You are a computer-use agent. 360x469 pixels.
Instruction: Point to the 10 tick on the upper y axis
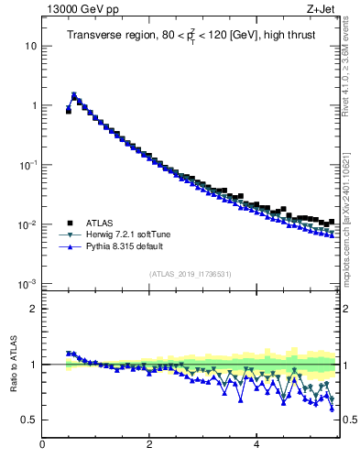[31, 46]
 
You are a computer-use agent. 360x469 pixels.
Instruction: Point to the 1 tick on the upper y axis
[34, 105]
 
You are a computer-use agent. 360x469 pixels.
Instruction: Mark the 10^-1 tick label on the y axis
[28, 165]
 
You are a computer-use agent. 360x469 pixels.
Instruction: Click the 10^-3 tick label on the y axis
[28, 284]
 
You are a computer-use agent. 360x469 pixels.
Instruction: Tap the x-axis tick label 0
[42, 446]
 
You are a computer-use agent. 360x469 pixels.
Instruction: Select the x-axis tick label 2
[149, 446]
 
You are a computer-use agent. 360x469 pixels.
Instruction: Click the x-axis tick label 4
[256, 446]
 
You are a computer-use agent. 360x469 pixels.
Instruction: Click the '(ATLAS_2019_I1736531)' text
[191, 274]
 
